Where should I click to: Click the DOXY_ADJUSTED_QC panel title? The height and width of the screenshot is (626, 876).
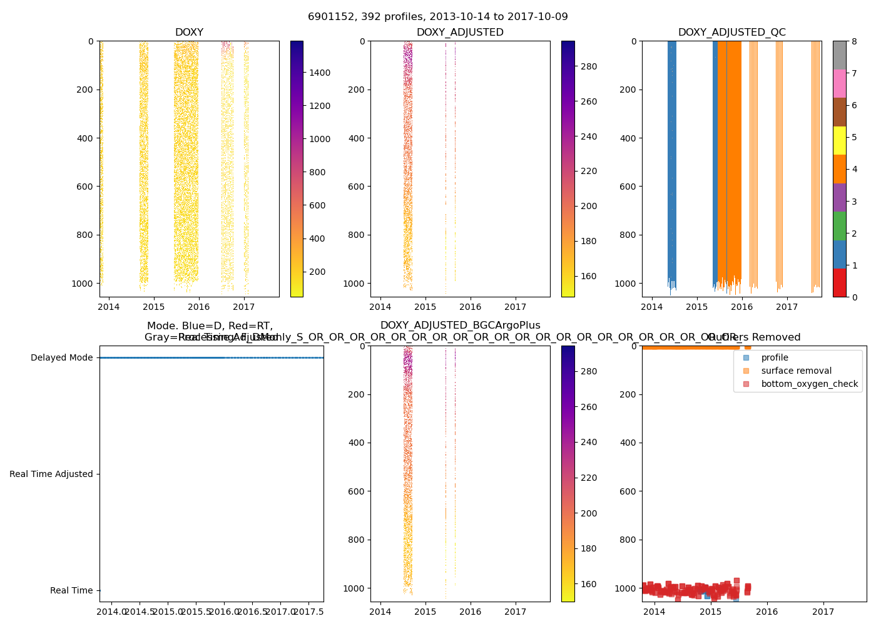(731, 33)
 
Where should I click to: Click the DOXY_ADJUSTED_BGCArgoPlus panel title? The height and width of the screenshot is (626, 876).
(460, 326)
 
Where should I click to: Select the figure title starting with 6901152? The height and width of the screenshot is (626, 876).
(438, 17)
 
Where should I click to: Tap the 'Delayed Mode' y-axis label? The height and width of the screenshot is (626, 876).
(61, 358)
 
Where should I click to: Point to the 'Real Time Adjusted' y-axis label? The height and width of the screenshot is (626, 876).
(51, 475)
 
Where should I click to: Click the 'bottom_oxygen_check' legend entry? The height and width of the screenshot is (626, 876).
(809, 384)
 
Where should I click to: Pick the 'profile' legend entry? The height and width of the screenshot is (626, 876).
(775, 357)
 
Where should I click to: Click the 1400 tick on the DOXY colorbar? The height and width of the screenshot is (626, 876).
(320, 73)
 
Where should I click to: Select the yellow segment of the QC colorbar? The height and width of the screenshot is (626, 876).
(839, 141)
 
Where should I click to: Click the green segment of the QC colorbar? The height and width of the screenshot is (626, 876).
(839, 226)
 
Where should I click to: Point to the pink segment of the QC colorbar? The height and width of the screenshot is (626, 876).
(839, 84)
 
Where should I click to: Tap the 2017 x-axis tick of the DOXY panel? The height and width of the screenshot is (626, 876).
(244, 307)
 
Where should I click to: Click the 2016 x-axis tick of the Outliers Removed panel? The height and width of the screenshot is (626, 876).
(767, 612)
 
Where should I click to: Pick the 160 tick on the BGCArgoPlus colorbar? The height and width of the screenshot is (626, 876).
(589, 584)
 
